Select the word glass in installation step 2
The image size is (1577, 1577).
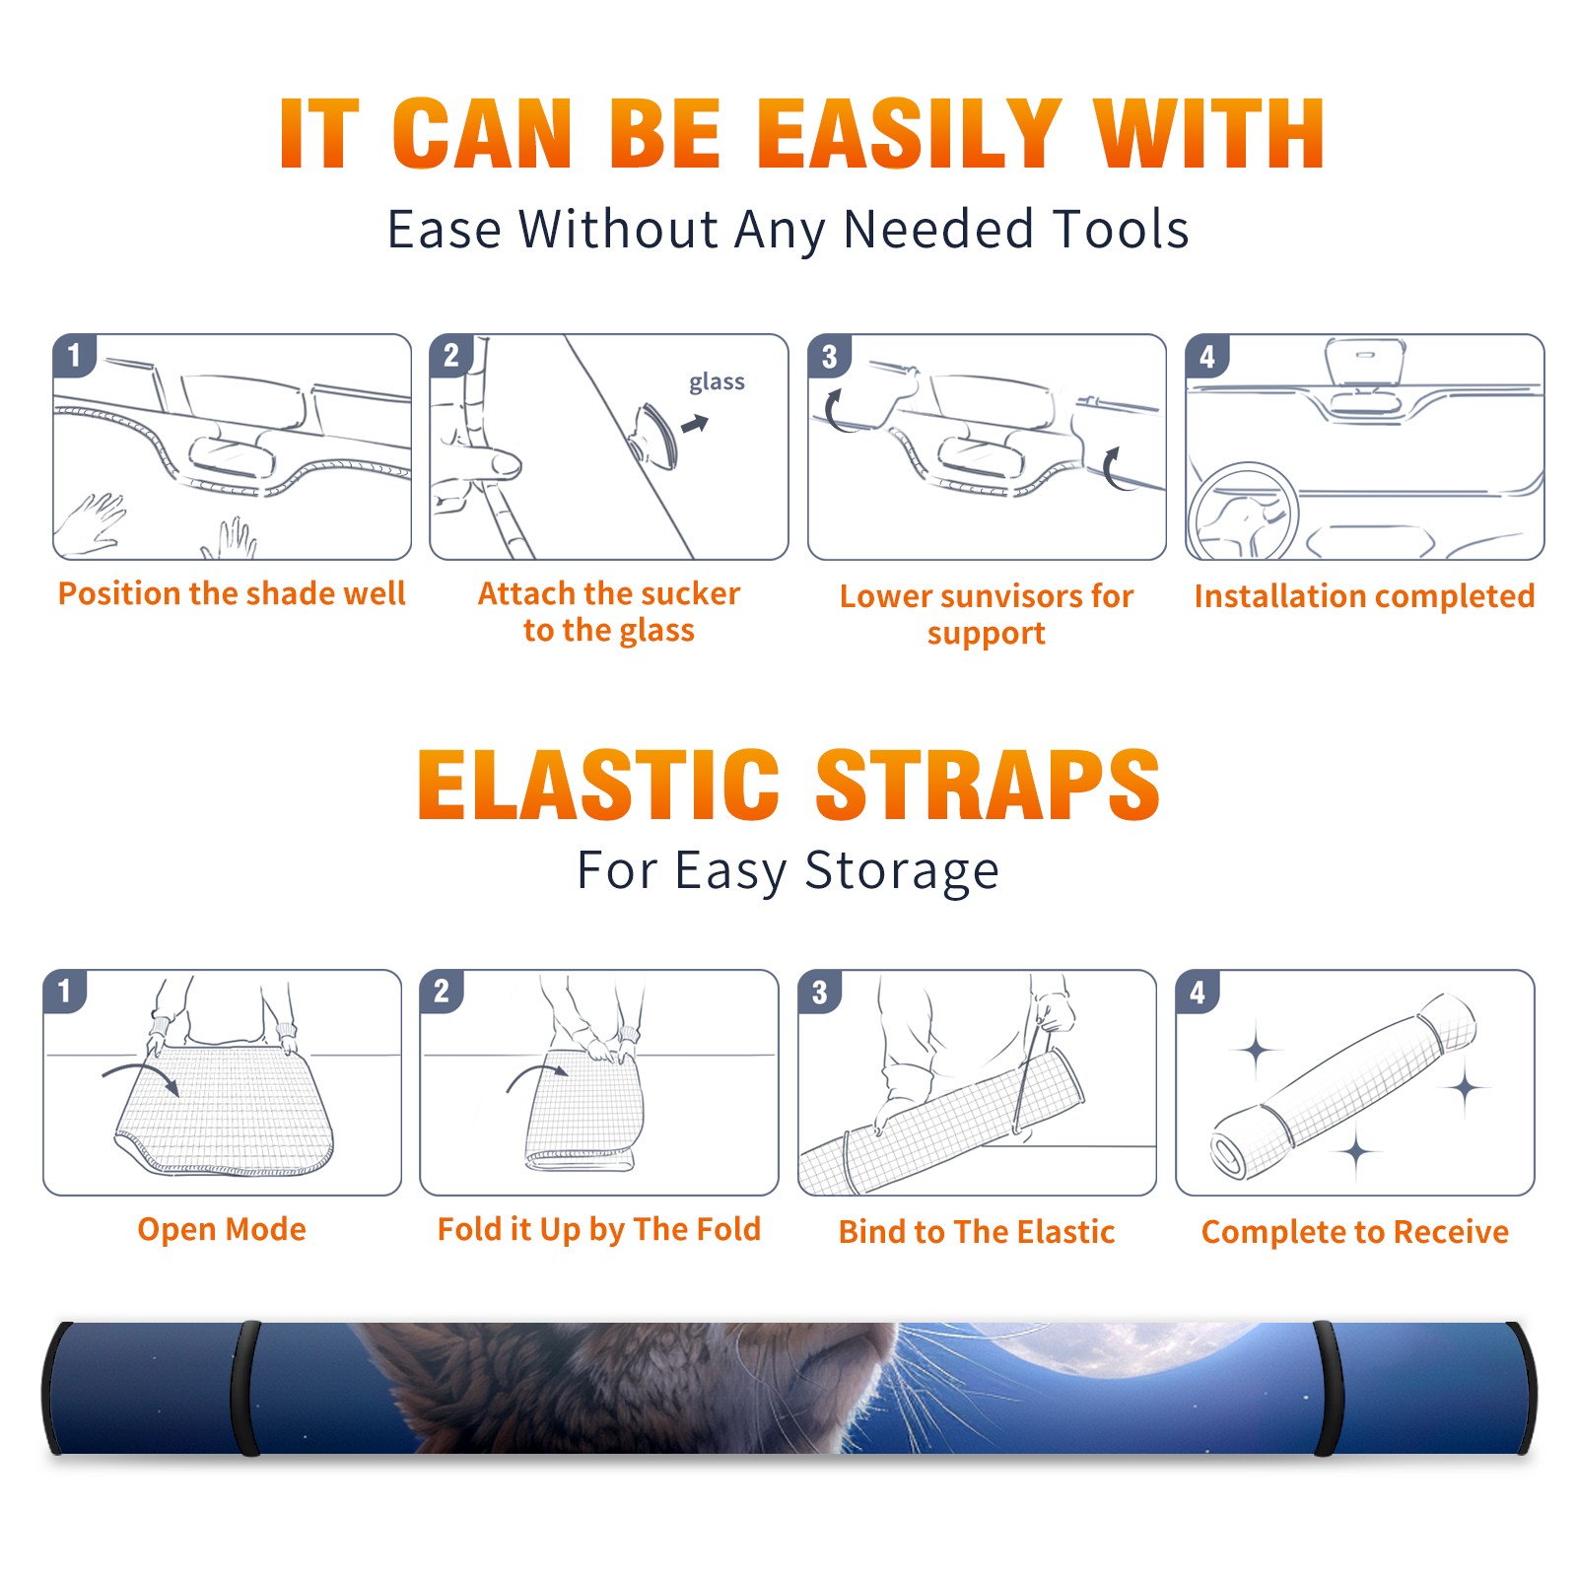click(717, 382)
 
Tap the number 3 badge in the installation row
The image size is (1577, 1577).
click(829, 356)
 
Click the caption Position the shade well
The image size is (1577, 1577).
click(232, 593)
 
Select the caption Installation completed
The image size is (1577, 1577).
click(1364, 595)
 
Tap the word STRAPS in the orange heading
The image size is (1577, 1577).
click(988, 785)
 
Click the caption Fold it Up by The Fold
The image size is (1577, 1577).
click(599, 1229)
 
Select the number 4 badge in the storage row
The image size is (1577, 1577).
click(1198, 992)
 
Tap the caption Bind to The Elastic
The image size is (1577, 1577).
click(977, 1232)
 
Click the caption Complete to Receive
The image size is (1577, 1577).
click(1355, 1232)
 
